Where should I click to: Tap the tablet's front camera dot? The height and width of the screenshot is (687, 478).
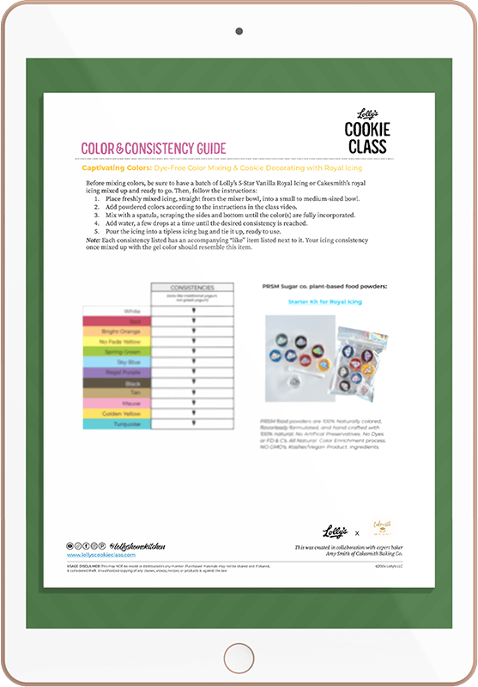tap(239, 30)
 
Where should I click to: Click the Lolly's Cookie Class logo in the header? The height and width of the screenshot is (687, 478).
tap(367, 128)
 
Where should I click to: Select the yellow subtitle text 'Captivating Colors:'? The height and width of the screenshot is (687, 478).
tap(111, 169)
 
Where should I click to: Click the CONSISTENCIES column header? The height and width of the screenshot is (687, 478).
tap(191, 288)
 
